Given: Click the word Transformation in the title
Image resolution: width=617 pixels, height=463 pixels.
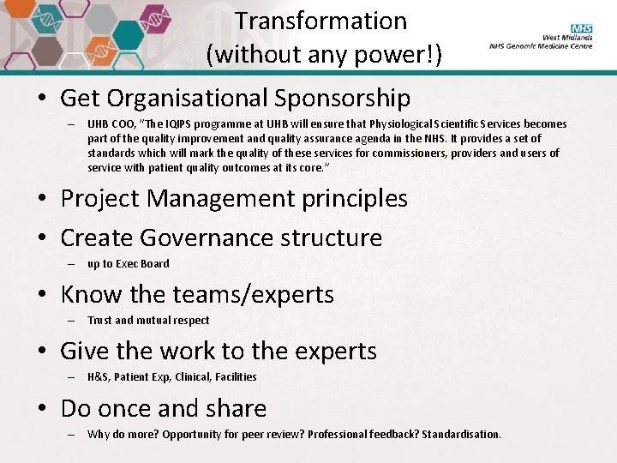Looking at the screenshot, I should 321,21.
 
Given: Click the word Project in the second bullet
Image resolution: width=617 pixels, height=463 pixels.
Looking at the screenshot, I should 100,199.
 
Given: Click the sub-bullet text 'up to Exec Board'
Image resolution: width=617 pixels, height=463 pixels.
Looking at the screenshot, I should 128,264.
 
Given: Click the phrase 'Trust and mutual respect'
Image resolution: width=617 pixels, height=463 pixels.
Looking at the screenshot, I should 148,321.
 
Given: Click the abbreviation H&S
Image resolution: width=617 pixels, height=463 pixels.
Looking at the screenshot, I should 97,377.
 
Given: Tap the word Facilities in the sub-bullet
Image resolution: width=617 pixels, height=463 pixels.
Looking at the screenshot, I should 236,377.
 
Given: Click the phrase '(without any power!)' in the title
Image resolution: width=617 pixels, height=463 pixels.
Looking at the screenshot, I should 324,55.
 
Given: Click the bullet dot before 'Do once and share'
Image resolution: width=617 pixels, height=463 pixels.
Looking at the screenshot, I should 43,409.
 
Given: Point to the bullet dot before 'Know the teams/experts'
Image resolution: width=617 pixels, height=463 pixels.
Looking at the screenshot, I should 43,295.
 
